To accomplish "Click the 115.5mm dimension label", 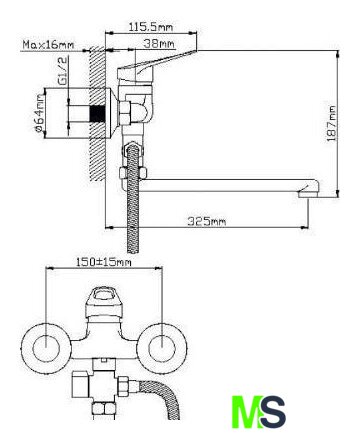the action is pyautogui.click(x=151, y=27).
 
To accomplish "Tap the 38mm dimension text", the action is pyautogui.click(x=159, y=44).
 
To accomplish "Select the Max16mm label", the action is pyautogui.click(x=48, y=44).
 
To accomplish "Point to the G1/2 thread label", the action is pyautogui.click(x=63, y=71).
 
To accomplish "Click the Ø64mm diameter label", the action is pyautogui.click(x=39, y=113).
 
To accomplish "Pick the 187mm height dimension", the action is pyautogui.click(x=332, y=123).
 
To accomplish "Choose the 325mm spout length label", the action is pyautogui.click(x=206, y=221).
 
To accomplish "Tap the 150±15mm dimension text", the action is pyautogui.click(x=103, y=262).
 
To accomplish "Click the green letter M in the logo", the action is pyautogui.click(x=246, y=412).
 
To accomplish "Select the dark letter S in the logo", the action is pyautogui.click(x=273, y=412).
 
